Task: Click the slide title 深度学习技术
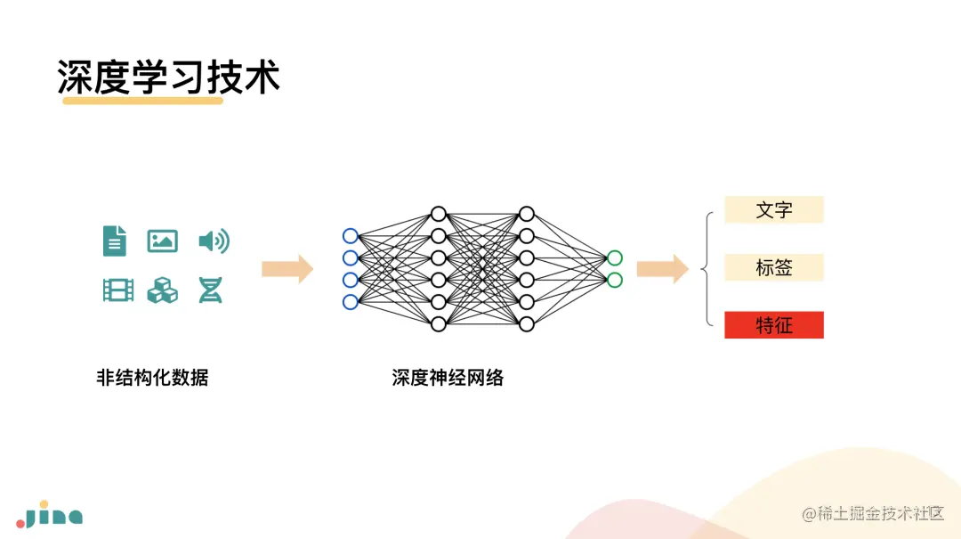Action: point(169,78)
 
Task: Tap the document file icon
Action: point(115,241)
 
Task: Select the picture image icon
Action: point(162,241)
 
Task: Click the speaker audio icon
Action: point(214,241)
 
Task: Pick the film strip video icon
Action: point(118,290)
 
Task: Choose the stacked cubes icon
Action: point(162,290)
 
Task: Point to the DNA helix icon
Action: point(210,290)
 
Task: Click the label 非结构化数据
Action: point(152,378)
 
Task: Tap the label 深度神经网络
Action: point(448,378)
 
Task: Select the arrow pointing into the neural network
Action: point(287,269)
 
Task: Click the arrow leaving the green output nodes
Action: point(662,269)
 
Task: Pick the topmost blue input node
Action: point(350,236)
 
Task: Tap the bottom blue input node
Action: point(350,302)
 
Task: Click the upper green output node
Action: point(615,258)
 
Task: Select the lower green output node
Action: point(615,280)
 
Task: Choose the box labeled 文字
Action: point(774,210)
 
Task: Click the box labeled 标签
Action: point(774,267)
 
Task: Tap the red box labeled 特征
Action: point(774,325)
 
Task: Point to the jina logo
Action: point(50,517)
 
